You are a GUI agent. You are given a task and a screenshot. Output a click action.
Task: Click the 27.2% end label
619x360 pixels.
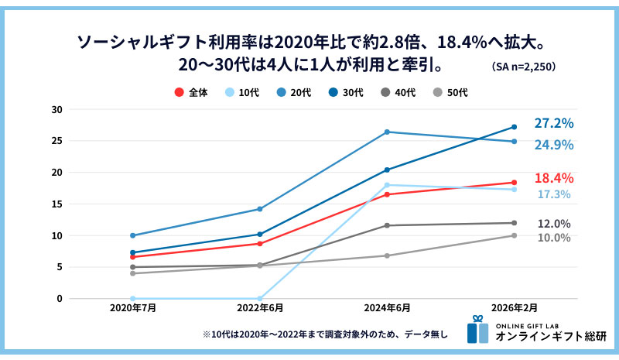click(x=553, y=123)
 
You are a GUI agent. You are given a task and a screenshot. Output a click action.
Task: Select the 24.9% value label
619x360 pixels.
click(x=553, y=145)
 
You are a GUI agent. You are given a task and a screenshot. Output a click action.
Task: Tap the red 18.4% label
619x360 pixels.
click(x=553, y=178)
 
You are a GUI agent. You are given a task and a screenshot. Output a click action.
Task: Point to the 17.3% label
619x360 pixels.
click(x=554, y=194)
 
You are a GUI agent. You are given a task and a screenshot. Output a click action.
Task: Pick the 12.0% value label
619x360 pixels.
click(x=554, y=224)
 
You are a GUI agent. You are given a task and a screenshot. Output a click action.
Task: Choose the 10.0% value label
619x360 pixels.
click(x=554, y=238)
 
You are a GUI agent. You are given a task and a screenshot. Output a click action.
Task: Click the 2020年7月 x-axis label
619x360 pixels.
click(x=133, y=308)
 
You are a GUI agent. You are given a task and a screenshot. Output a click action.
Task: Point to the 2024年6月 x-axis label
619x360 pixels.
click(x=387, y=308)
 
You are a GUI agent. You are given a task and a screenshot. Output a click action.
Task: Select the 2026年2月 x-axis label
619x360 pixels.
click(x=514, y=308)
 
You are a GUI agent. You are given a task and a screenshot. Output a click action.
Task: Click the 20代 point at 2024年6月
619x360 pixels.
click(x=387, y=132)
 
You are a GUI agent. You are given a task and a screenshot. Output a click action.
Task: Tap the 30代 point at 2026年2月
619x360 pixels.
click(x=514, y=127)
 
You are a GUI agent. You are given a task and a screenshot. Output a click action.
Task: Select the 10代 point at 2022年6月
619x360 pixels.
click(x=260, y=298)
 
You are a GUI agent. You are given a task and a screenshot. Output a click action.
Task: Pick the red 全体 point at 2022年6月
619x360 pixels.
click(x=260, y=243)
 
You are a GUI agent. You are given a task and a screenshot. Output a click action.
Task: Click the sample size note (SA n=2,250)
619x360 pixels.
click(x=523, y=67)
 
